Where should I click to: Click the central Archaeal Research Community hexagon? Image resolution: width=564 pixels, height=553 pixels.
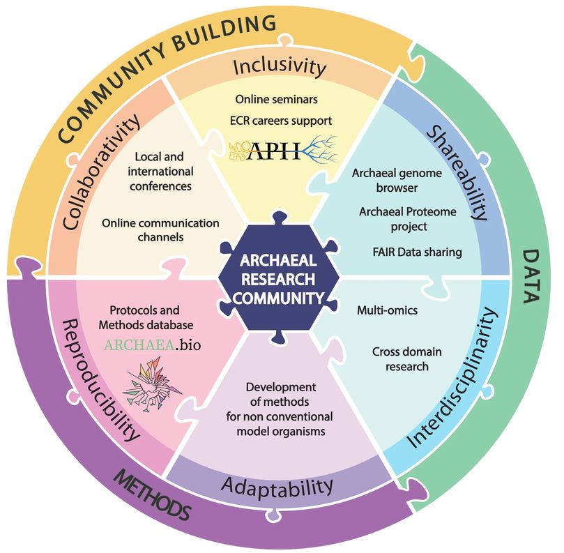pos(278,278)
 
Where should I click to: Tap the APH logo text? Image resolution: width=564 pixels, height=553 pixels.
pos(275,151)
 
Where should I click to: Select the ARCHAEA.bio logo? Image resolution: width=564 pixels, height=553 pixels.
pos(152,345)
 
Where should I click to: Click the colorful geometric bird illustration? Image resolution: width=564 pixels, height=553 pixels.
pos(152,384)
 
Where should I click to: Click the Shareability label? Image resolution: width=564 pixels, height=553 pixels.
pos(457,173)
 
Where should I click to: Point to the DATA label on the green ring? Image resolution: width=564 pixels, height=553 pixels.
pos(531,277)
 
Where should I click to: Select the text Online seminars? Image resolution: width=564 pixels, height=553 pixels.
pos(276,99)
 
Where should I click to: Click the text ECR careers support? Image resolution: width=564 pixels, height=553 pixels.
pos(281,121)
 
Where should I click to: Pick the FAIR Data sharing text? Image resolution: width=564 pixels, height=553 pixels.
pos(417,252)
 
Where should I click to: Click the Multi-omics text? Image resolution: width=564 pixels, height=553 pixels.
pos(388,310)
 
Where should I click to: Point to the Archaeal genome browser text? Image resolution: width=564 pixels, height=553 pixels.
pos(397,180)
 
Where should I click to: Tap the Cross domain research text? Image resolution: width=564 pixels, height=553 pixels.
pos(407,358)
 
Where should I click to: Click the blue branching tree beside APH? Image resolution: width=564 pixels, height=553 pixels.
pos(320,149)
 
